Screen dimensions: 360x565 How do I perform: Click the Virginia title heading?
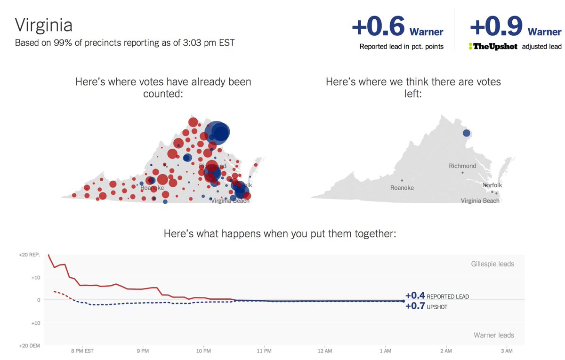pyautogui.click(x=43, y=25)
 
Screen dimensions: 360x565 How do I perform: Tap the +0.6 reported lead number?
pyautogui.click(x=378, y=27)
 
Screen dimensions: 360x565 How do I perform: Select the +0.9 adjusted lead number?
pyautogui.click(x=496, y=27)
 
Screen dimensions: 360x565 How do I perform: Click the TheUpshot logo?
pyautogui.click(x=492, y=47)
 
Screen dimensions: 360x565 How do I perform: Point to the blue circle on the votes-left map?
pyautogui.click(x=466, y=133)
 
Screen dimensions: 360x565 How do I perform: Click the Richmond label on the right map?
pyautogui.click(x=462, y=166)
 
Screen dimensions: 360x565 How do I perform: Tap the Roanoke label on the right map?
pyautogui.click(x=402, y=188)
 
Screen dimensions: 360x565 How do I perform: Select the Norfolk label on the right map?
pyautogui.click(x=493, y=185)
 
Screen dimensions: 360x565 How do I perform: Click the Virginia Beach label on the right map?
pyautogui.click(x=480, y=201)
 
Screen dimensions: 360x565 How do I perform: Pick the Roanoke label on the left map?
pyautogui.click(x=152, y=188)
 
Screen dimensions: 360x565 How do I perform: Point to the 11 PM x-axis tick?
pyautogui.click(x=265, y=351)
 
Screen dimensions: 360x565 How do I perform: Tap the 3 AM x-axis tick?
pyautogui.click(x=506, y=351)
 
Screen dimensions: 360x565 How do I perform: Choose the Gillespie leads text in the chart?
pyautogui.click(x=492, y=264)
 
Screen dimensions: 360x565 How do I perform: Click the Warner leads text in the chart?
pyautogui.click(x=493, y=335)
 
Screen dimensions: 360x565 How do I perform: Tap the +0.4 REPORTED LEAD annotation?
pyautogui.click(x=437, y=296)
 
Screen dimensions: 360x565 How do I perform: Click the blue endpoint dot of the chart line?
pyautogui.click(x=403, y=301)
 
